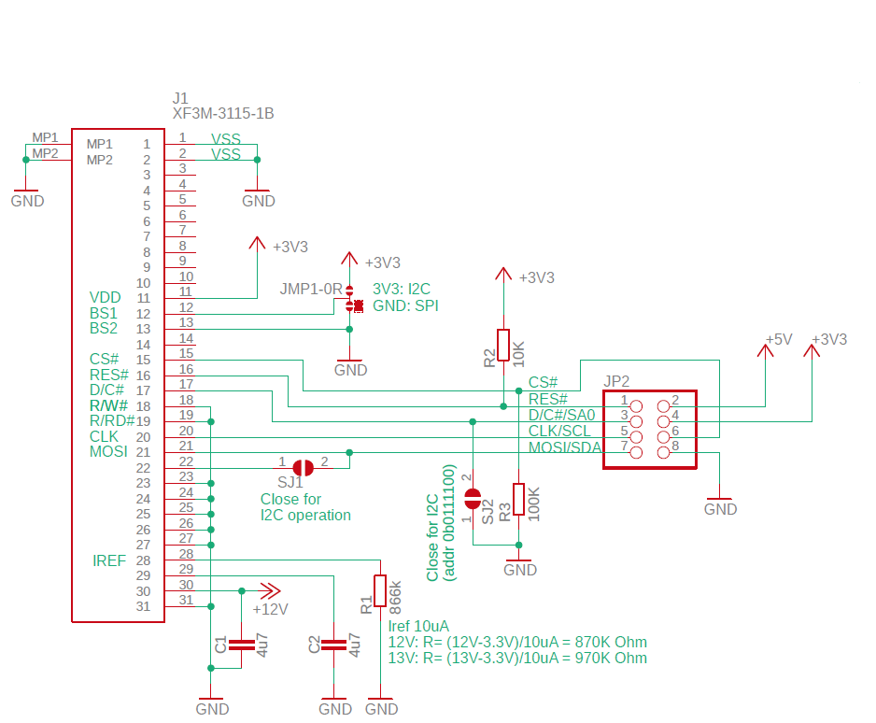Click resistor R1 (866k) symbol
[x=380, y=590]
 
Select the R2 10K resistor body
[x=503, y=345]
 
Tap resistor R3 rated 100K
[x=519, y=499]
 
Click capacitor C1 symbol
[x=241, y=645]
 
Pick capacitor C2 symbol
[x=334, y=645]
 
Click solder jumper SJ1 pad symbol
[x=304, y=468]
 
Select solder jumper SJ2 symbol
[x=473, y=499]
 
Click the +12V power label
[x=271, y=609]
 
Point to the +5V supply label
[x=779, y=339]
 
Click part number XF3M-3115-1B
[x=223, y=113]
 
